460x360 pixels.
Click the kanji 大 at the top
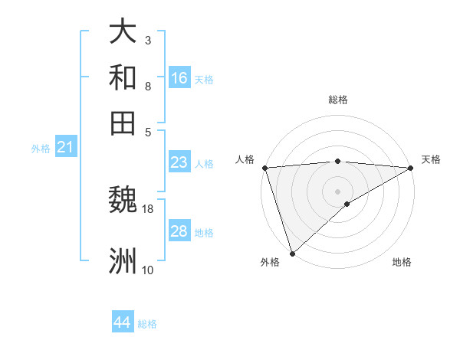[x=123, y=33]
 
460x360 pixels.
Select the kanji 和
[x=123, y=78]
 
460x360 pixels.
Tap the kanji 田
[x=123, y=123]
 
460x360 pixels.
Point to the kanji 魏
[x=123, y=201]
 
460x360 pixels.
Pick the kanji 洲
[x=123, y=260]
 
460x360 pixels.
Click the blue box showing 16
[x=179, y=78]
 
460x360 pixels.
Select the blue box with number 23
[x=179, y=162]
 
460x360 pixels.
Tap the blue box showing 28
[x=179, y=231]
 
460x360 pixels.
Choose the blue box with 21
[x=64, y=147]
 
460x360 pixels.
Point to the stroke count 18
[x=148, y=208]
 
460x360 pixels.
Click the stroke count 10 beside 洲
[x=148, y=270]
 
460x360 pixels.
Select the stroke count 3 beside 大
[x=148, y=40]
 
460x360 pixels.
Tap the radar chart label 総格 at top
[x=338, y=100]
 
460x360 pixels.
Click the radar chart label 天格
[x=431, y=159]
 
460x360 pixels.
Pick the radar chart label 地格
[x=402, y=263]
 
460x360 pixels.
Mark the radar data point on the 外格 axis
[x=292, y=254]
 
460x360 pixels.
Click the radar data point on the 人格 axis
[x=264, y=168]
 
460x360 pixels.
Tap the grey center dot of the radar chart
[x=338, y=191]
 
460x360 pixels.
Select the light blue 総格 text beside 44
[x=147, y=323]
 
